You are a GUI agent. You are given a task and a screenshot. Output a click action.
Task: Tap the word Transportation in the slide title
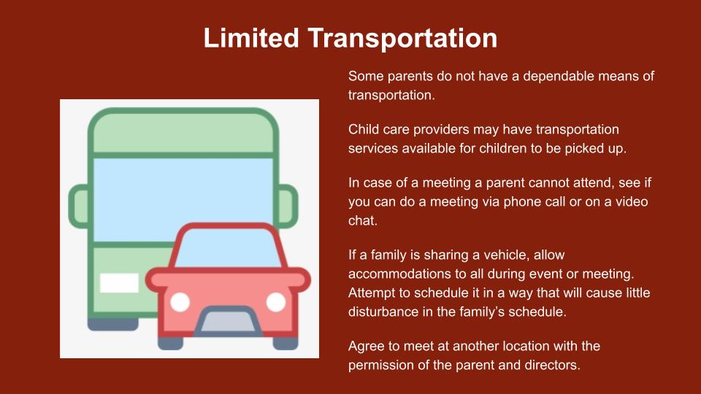[403, 39]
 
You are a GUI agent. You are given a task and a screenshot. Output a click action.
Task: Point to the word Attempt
[372, 293]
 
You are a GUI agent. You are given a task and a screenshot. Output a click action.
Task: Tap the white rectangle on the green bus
[119, 283]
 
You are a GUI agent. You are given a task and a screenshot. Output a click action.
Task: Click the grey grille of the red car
[228, 322]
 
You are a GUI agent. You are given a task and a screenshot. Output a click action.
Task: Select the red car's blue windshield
[228, 250]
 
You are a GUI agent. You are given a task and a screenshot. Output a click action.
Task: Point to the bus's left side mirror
[80, 206]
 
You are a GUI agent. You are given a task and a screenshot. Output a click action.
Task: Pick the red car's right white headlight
[276, 302]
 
